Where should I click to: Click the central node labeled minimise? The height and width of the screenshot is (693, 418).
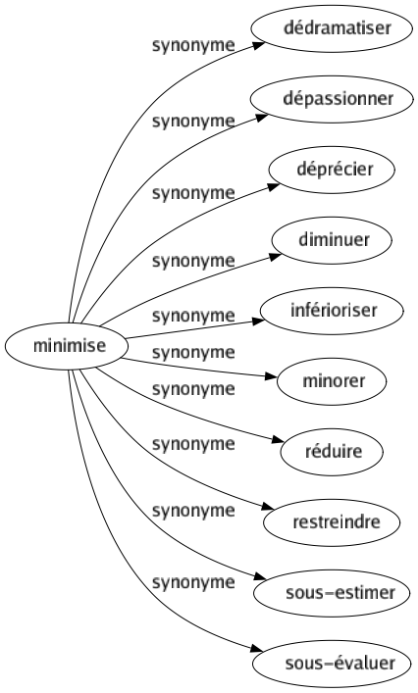point(64,346)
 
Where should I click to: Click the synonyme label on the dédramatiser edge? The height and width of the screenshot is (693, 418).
point(192,45)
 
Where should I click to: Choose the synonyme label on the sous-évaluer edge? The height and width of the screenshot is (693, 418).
point(192,582)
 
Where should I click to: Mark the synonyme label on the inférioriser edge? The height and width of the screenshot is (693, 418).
point(192,316)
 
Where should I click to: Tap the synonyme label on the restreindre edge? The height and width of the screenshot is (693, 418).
point(192,510)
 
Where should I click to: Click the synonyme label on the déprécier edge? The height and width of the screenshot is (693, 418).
point(192,193)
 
